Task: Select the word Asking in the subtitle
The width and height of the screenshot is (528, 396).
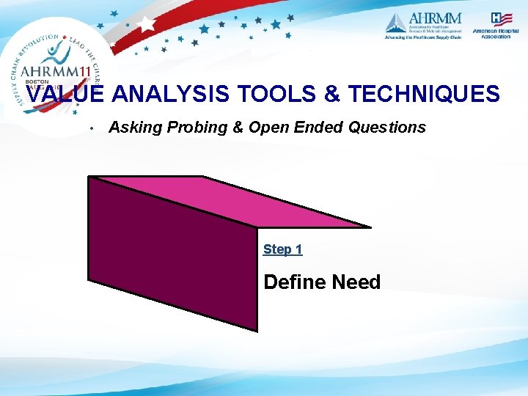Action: tap(136, 128)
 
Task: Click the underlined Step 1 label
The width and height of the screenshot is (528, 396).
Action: tap(282, 249)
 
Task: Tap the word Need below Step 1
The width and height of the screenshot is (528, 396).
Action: tap(356, 282)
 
